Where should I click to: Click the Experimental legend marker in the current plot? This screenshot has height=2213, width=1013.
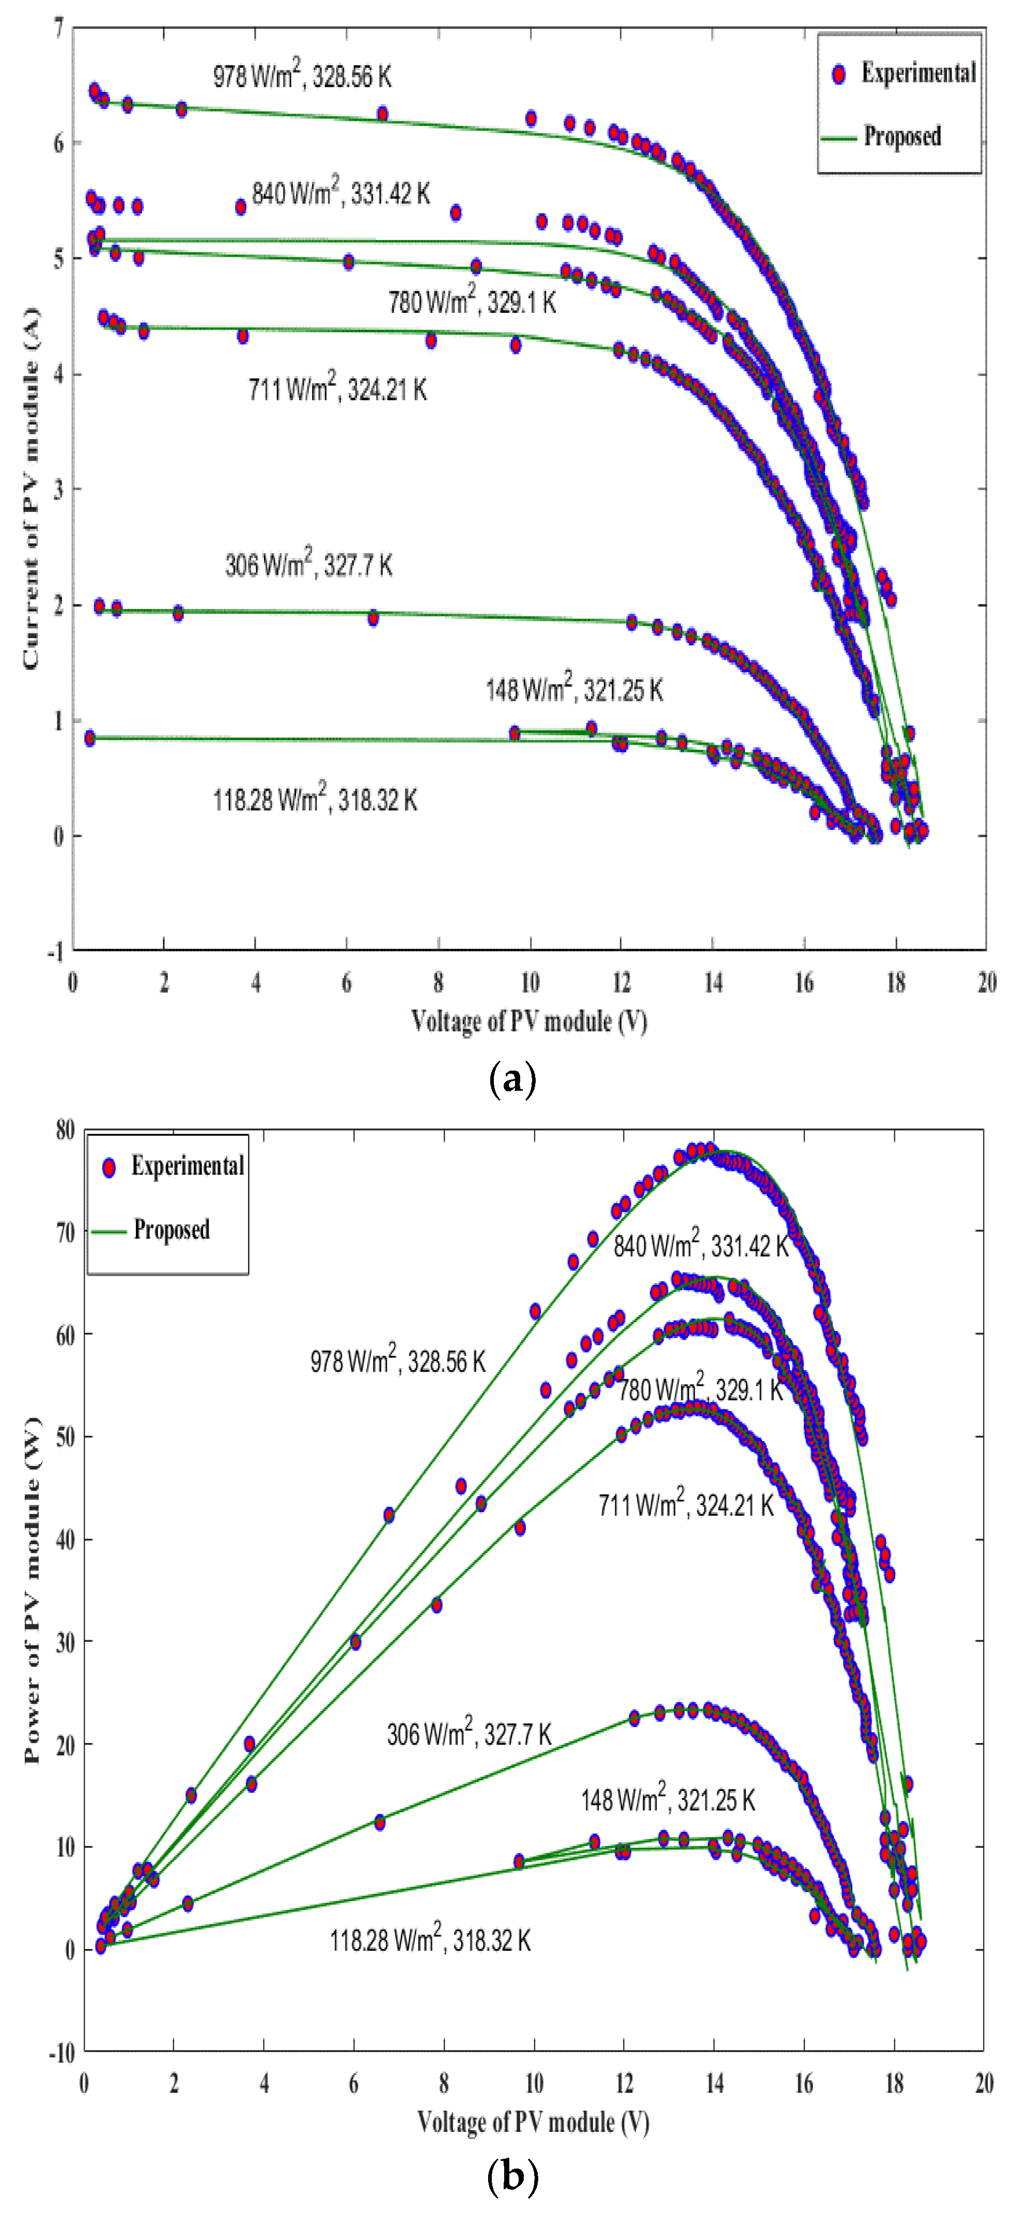(838, 75)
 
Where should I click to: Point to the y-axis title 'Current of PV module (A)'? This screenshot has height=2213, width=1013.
(31, 514)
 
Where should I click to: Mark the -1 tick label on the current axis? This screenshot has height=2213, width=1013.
(55, 951)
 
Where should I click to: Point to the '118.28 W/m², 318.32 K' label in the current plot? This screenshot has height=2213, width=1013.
(315, 800)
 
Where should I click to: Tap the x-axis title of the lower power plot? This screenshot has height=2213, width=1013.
(533, 2122)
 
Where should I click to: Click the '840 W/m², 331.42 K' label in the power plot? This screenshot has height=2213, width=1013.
(700, 1246)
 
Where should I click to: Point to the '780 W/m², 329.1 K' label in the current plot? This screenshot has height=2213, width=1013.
(472, 303)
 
